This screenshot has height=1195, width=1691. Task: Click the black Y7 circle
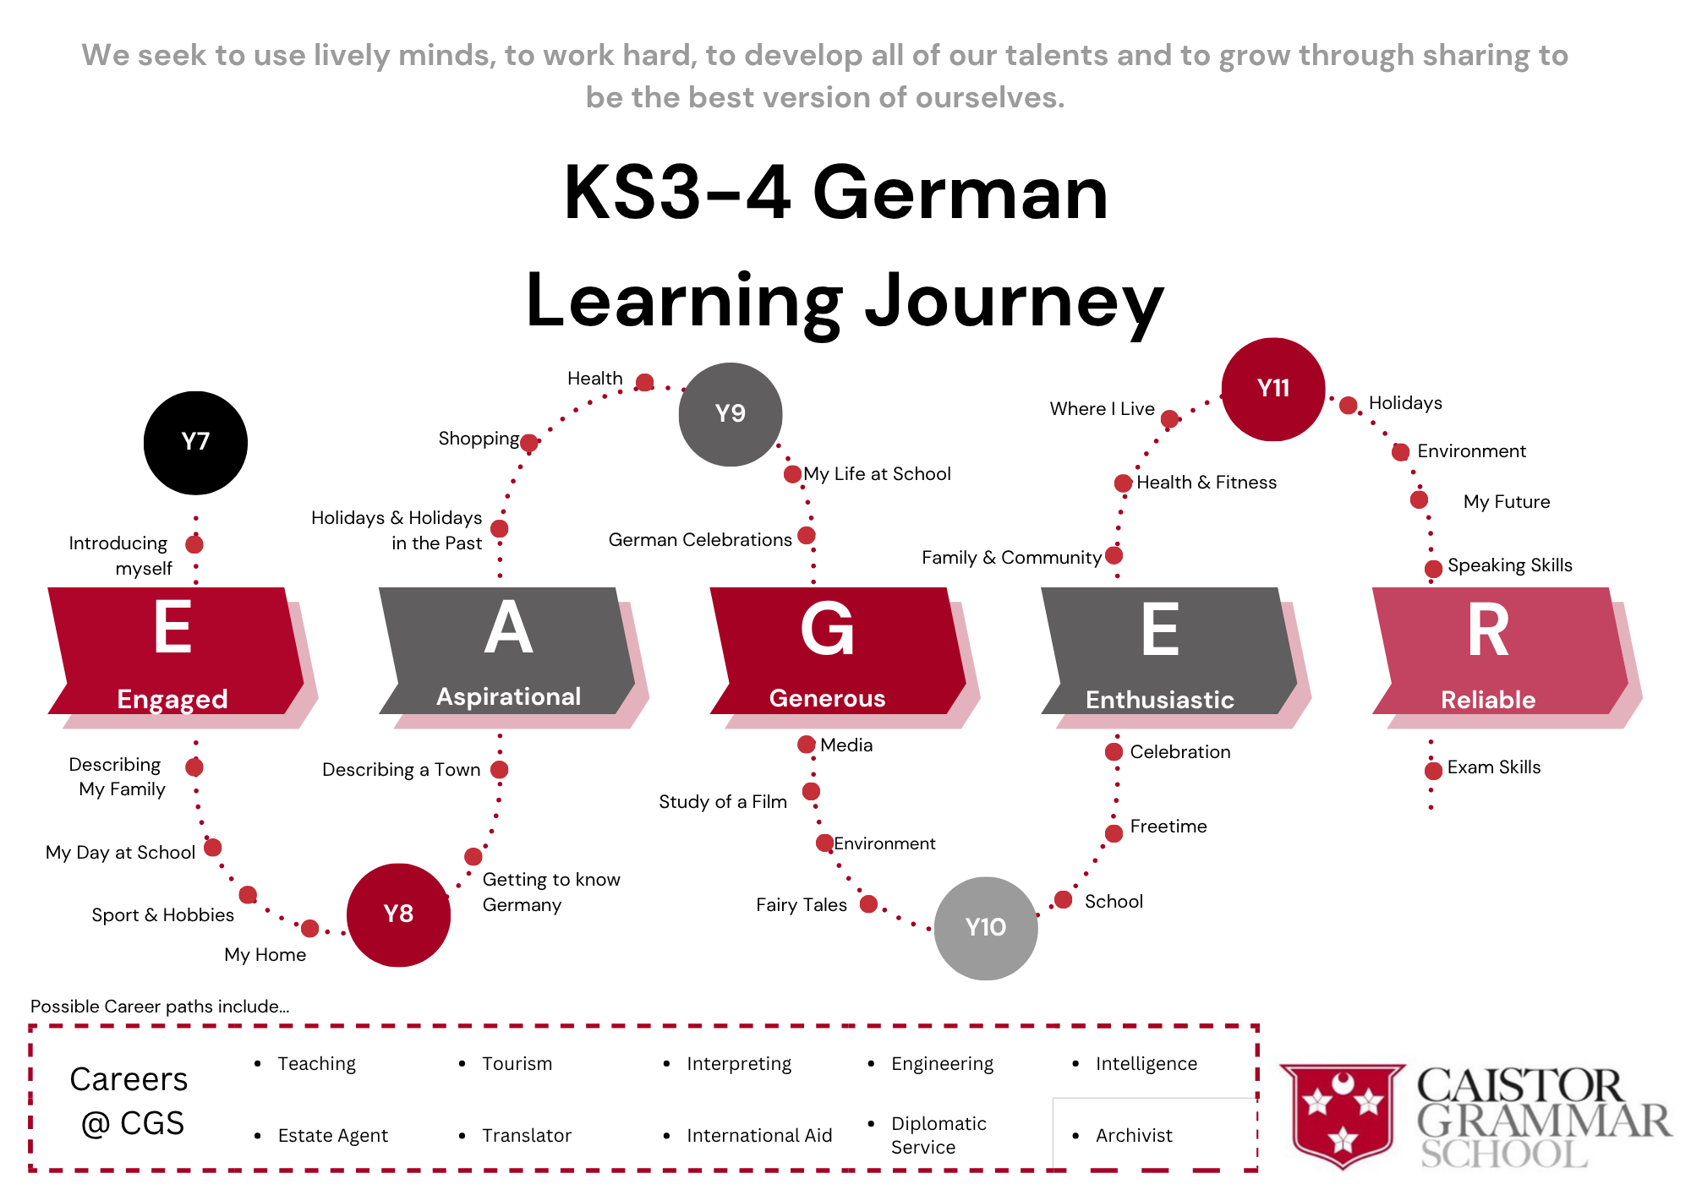195,443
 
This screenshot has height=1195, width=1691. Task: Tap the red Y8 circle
398,914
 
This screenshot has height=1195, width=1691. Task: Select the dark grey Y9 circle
731,414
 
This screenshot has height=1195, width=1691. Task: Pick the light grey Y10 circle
986,928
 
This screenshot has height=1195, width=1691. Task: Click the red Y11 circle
1273,389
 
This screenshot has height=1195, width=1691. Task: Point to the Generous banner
837,651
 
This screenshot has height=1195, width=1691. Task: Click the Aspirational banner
507,651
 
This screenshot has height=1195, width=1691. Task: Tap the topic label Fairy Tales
802,905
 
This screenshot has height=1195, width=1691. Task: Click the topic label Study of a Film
723,802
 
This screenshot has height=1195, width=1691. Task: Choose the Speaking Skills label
1510,565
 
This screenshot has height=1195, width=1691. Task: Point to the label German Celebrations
700,540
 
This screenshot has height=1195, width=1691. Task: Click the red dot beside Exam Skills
1433,770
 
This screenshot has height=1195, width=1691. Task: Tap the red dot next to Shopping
529,443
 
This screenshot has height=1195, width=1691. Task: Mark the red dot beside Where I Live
1170,418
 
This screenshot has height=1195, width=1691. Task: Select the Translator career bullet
527,1136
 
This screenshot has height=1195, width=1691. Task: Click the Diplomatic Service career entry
939,1135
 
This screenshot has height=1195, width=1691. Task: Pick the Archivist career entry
1134,1136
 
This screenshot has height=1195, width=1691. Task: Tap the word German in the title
960,194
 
